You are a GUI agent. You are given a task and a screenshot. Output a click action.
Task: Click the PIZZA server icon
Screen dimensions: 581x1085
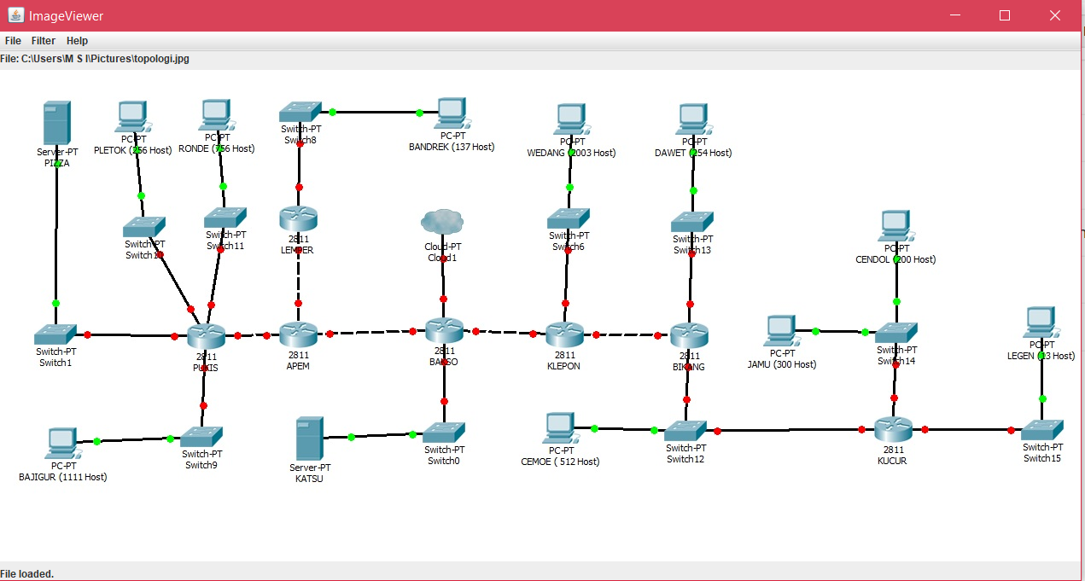point(57,123)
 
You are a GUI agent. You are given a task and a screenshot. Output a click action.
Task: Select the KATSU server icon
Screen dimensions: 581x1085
point(309,439)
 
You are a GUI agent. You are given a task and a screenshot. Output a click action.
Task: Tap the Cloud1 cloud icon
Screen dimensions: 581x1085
point(442,222)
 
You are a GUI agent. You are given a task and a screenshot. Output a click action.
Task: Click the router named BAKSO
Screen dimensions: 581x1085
point(444,330)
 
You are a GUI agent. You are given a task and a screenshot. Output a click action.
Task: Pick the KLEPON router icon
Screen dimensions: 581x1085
point(564,334)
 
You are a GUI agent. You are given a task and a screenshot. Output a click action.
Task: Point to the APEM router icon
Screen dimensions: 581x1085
point(298,334)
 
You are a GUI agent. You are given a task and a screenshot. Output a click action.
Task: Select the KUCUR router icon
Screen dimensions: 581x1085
point(893,429)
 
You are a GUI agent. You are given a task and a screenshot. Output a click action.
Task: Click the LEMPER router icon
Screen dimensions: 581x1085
point(298,218)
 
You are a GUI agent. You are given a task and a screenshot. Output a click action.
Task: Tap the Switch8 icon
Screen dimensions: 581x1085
point(300,112)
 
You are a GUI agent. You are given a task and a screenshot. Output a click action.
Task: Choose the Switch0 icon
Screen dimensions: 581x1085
point(444,433)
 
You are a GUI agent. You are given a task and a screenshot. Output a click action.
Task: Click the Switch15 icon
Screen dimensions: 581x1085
point(1042,429)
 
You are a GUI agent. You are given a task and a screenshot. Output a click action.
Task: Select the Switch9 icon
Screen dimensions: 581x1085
point(202,437)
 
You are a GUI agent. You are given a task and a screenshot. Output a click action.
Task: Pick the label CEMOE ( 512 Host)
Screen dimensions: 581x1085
point(560,462)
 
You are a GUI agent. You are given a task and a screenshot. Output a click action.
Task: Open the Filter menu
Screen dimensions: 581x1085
point(44,41)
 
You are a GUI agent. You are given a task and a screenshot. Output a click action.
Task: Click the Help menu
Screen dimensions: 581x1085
point(77,41)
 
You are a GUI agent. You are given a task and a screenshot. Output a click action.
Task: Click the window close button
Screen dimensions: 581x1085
point(1054,15)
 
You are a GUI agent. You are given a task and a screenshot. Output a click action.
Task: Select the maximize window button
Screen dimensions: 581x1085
point(1005,15)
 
